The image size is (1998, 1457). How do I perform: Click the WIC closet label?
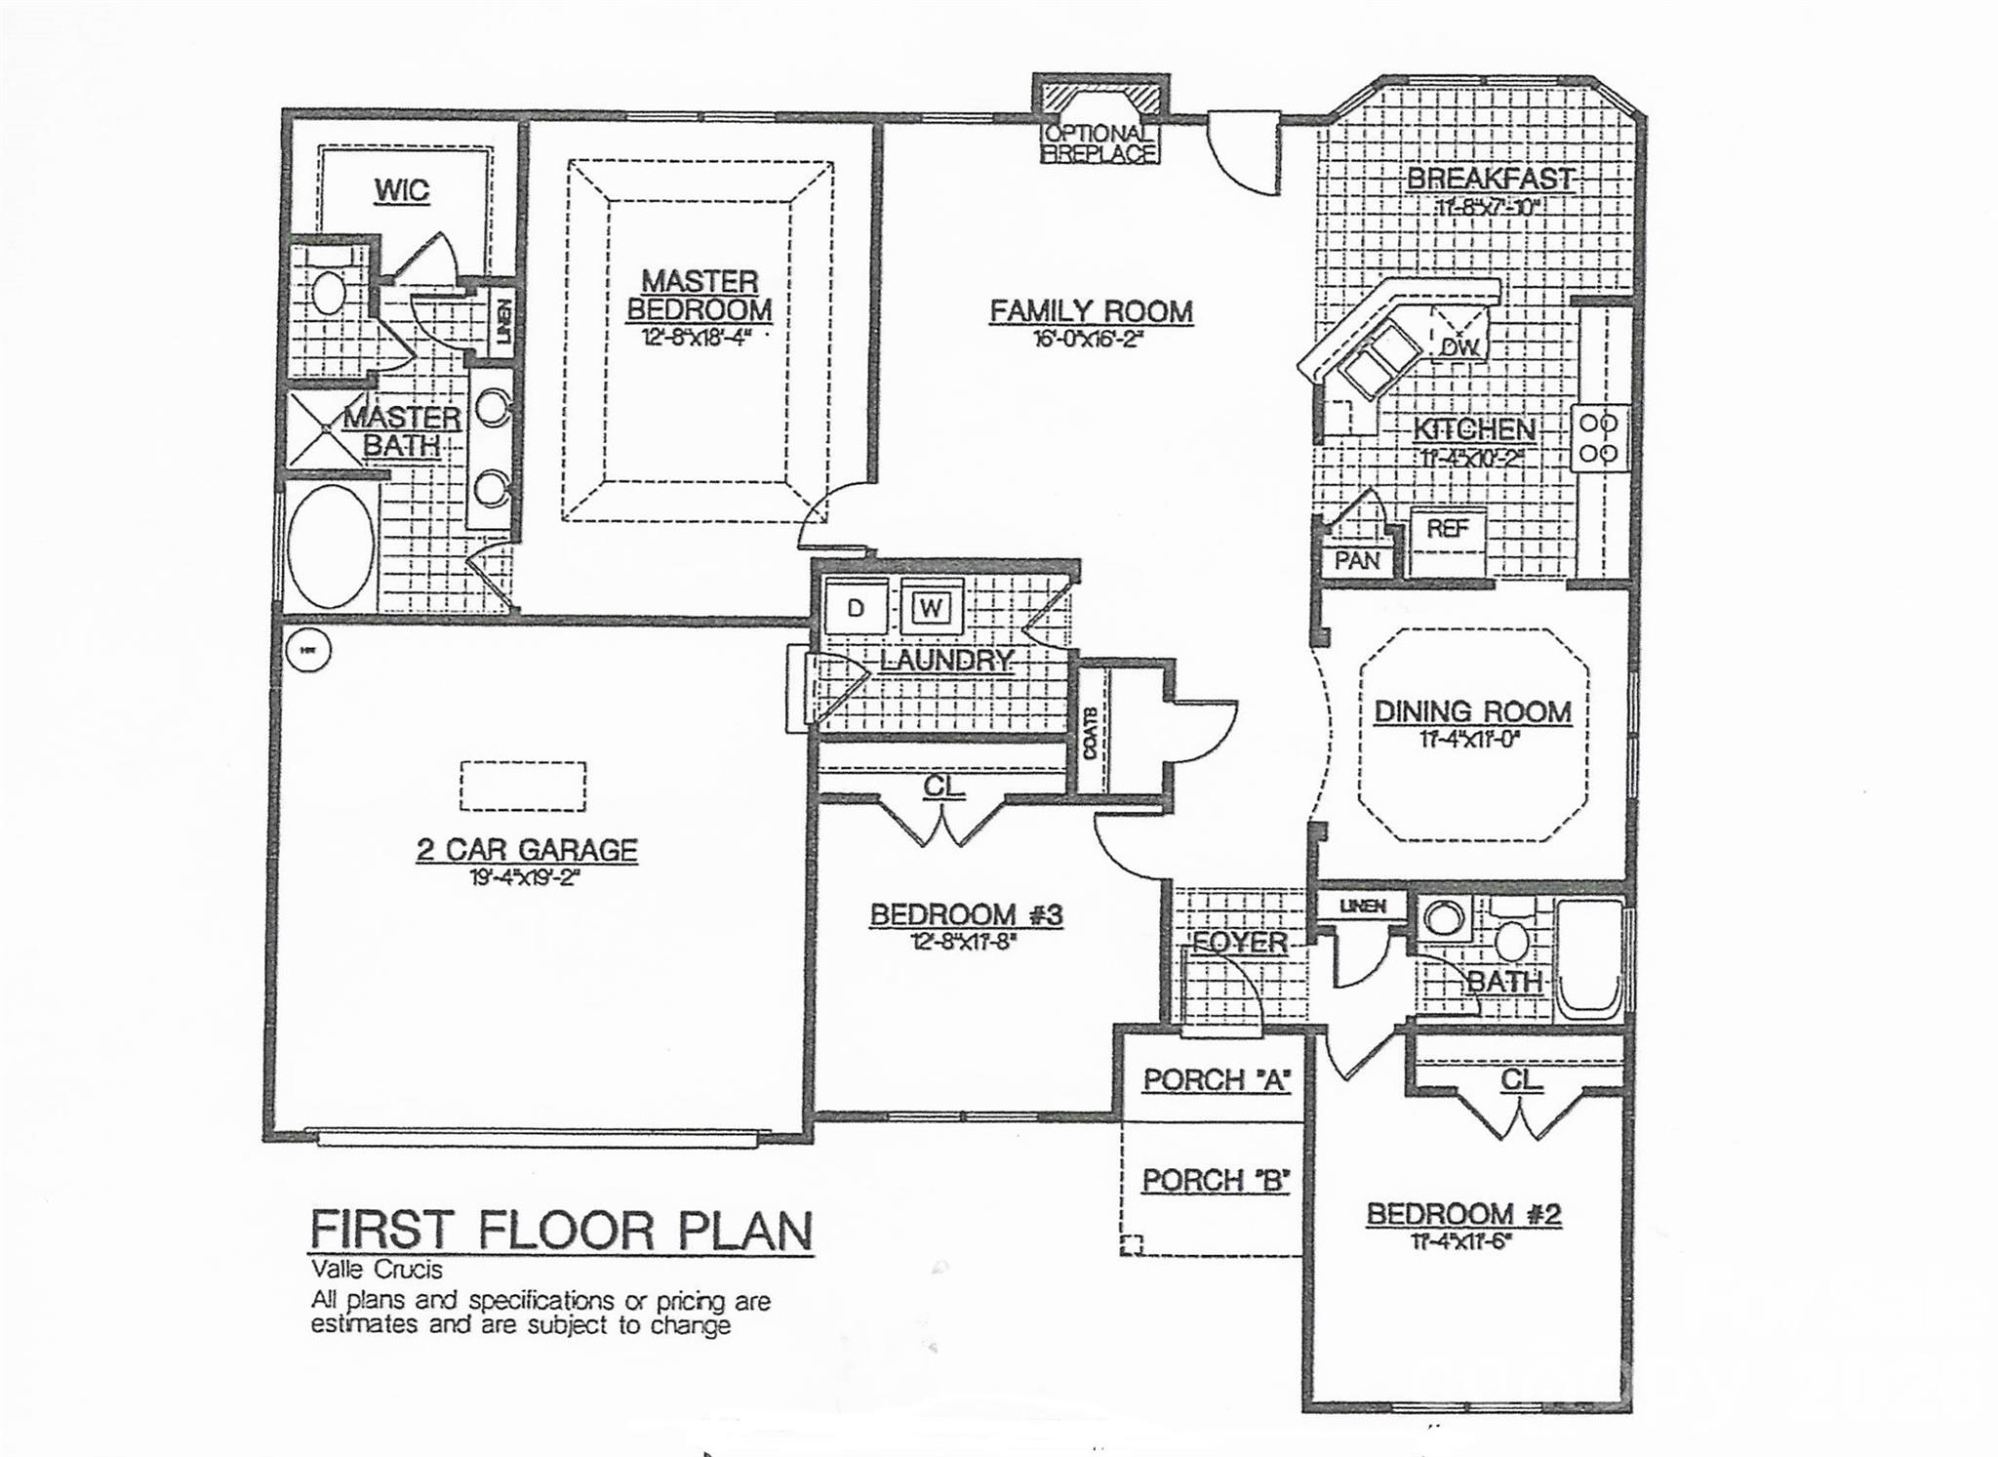[402, 190]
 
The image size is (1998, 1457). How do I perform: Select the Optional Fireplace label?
[1099, 143]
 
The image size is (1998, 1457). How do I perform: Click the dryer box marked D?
[856, 609]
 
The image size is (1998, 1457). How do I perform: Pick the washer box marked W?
[931, 609]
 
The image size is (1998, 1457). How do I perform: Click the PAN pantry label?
[1356, 561]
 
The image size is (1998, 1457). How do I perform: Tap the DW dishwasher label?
[1460, 345]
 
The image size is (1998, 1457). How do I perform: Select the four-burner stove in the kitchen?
[1598, 439]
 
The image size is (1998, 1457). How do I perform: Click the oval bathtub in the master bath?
[332, 547]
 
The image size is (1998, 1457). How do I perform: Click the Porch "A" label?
[1217, 1080]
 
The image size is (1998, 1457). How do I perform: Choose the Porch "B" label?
[1216, 1181]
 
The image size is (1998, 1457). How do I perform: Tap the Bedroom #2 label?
[1463, 1214]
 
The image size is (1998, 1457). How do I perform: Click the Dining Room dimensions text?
[1471, 740]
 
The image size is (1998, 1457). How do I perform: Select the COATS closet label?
[1090, 732]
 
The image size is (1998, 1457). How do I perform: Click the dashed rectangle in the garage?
[524, 786]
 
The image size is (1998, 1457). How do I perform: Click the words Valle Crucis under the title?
[377, 1270]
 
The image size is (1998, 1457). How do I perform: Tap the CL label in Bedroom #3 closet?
[942, 786]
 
